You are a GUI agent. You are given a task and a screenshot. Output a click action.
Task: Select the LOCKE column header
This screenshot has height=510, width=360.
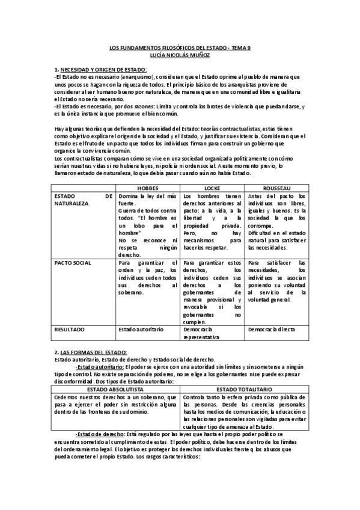click(213, 188)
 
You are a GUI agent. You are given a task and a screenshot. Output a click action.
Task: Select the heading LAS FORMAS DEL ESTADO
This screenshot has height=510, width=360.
click(94, 351)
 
